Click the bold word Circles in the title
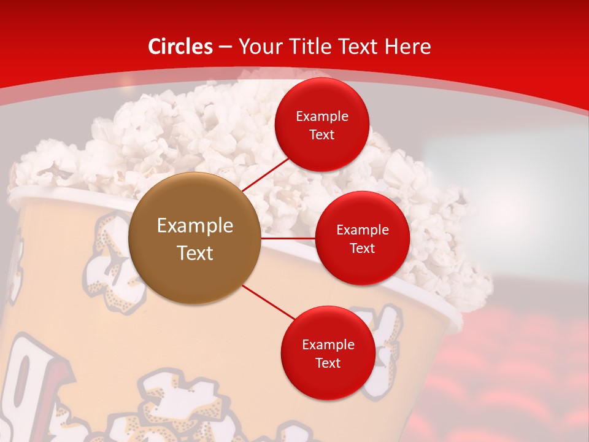pos(180,47)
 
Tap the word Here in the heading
pos(407,47)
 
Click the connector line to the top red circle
pos(264,175)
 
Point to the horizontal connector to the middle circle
pos(288,238)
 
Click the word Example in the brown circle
pos(195,226)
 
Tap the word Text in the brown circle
pos(195,253)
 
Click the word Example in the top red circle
pos(322,117)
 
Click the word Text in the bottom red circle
pos(328,363)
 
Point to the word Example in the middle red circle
pos(363,230)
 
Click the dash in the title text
pos(225,47)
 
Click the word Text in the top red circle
pos(322,135)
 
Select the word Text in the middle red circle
pos(363,249)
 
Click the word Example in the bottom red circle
pos(328,345)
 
